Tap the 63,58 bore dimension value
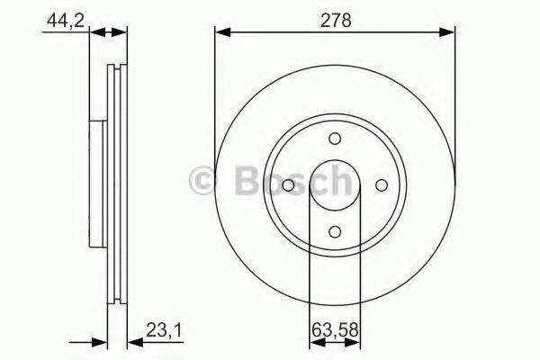click(x=334, y=330)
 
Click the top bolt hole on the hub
click(x=335, y=139)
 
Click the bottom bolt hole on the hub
click(x=335, y=231)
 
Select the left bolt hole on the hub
click(x=288, y=185)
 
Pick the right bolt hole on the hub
click(x=381, y=185)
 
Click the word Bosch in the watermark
click(x=288, y=183)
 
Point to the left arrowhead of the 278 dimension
click(x=221, y=33)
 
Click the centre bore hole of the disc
click(x=335, y=185)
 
